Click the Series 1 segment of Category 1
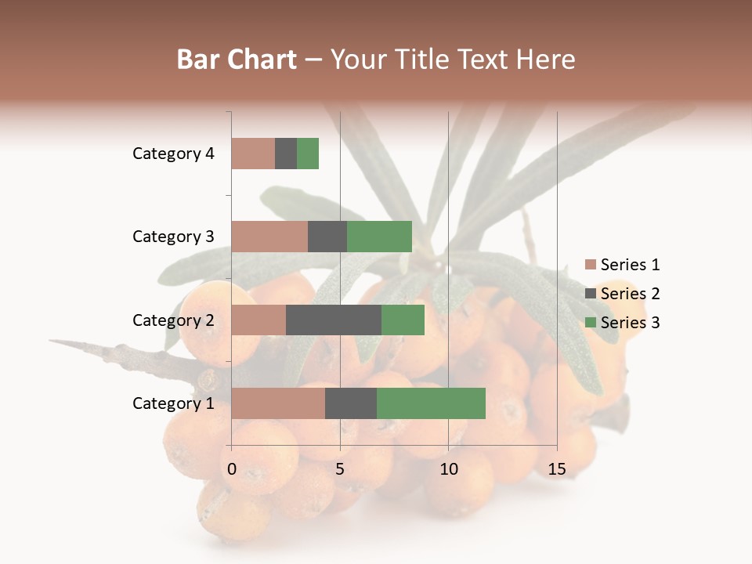tap(278, 403)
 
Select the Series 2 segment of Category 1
tap(351, 403)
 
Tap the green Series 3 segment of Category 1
tap(431, 403)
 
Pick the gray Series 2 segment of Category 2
tap(334, 320)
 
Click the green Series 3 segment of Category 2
tap(403, 320)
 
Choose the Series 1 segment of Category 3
tap(269, 237)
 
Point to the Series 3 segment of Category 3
tap(379, 237)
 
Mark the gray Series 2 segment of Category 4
tap(286, 154)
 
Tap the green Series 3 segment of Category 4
tap(308, 154)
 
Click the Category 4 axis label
tap(173, 154)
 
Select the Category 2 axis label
tap(173, 320)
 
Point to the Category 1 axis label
tap(173, 403)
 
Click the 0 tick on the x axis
tap(232, 469)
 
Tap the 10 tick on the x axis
tap(448, 469)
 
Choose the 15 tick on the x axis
tap(556, 469)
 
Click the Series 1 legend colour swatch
tap(591, 265)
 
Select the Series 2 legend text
tap(630, 294)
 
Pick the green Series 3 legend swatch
tap(591, 323)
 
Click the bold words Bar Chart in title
tap(237, 60)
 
